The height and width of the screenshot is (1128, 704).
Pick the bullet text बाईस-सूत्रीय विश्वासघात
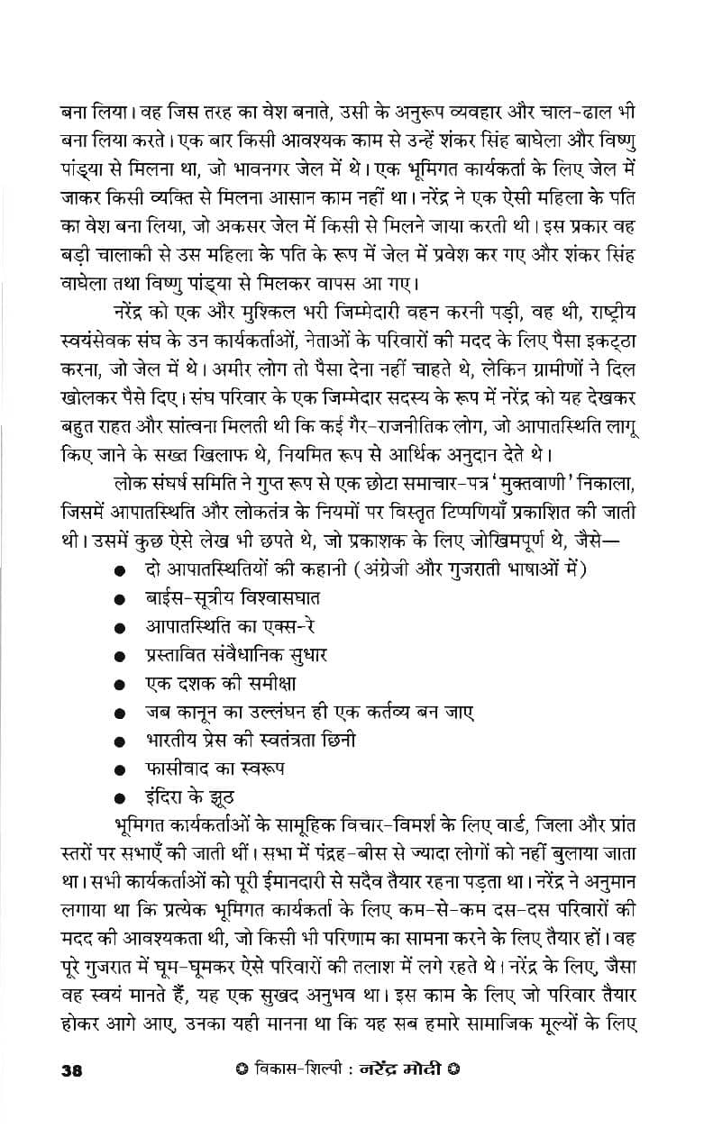(233, 598)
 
